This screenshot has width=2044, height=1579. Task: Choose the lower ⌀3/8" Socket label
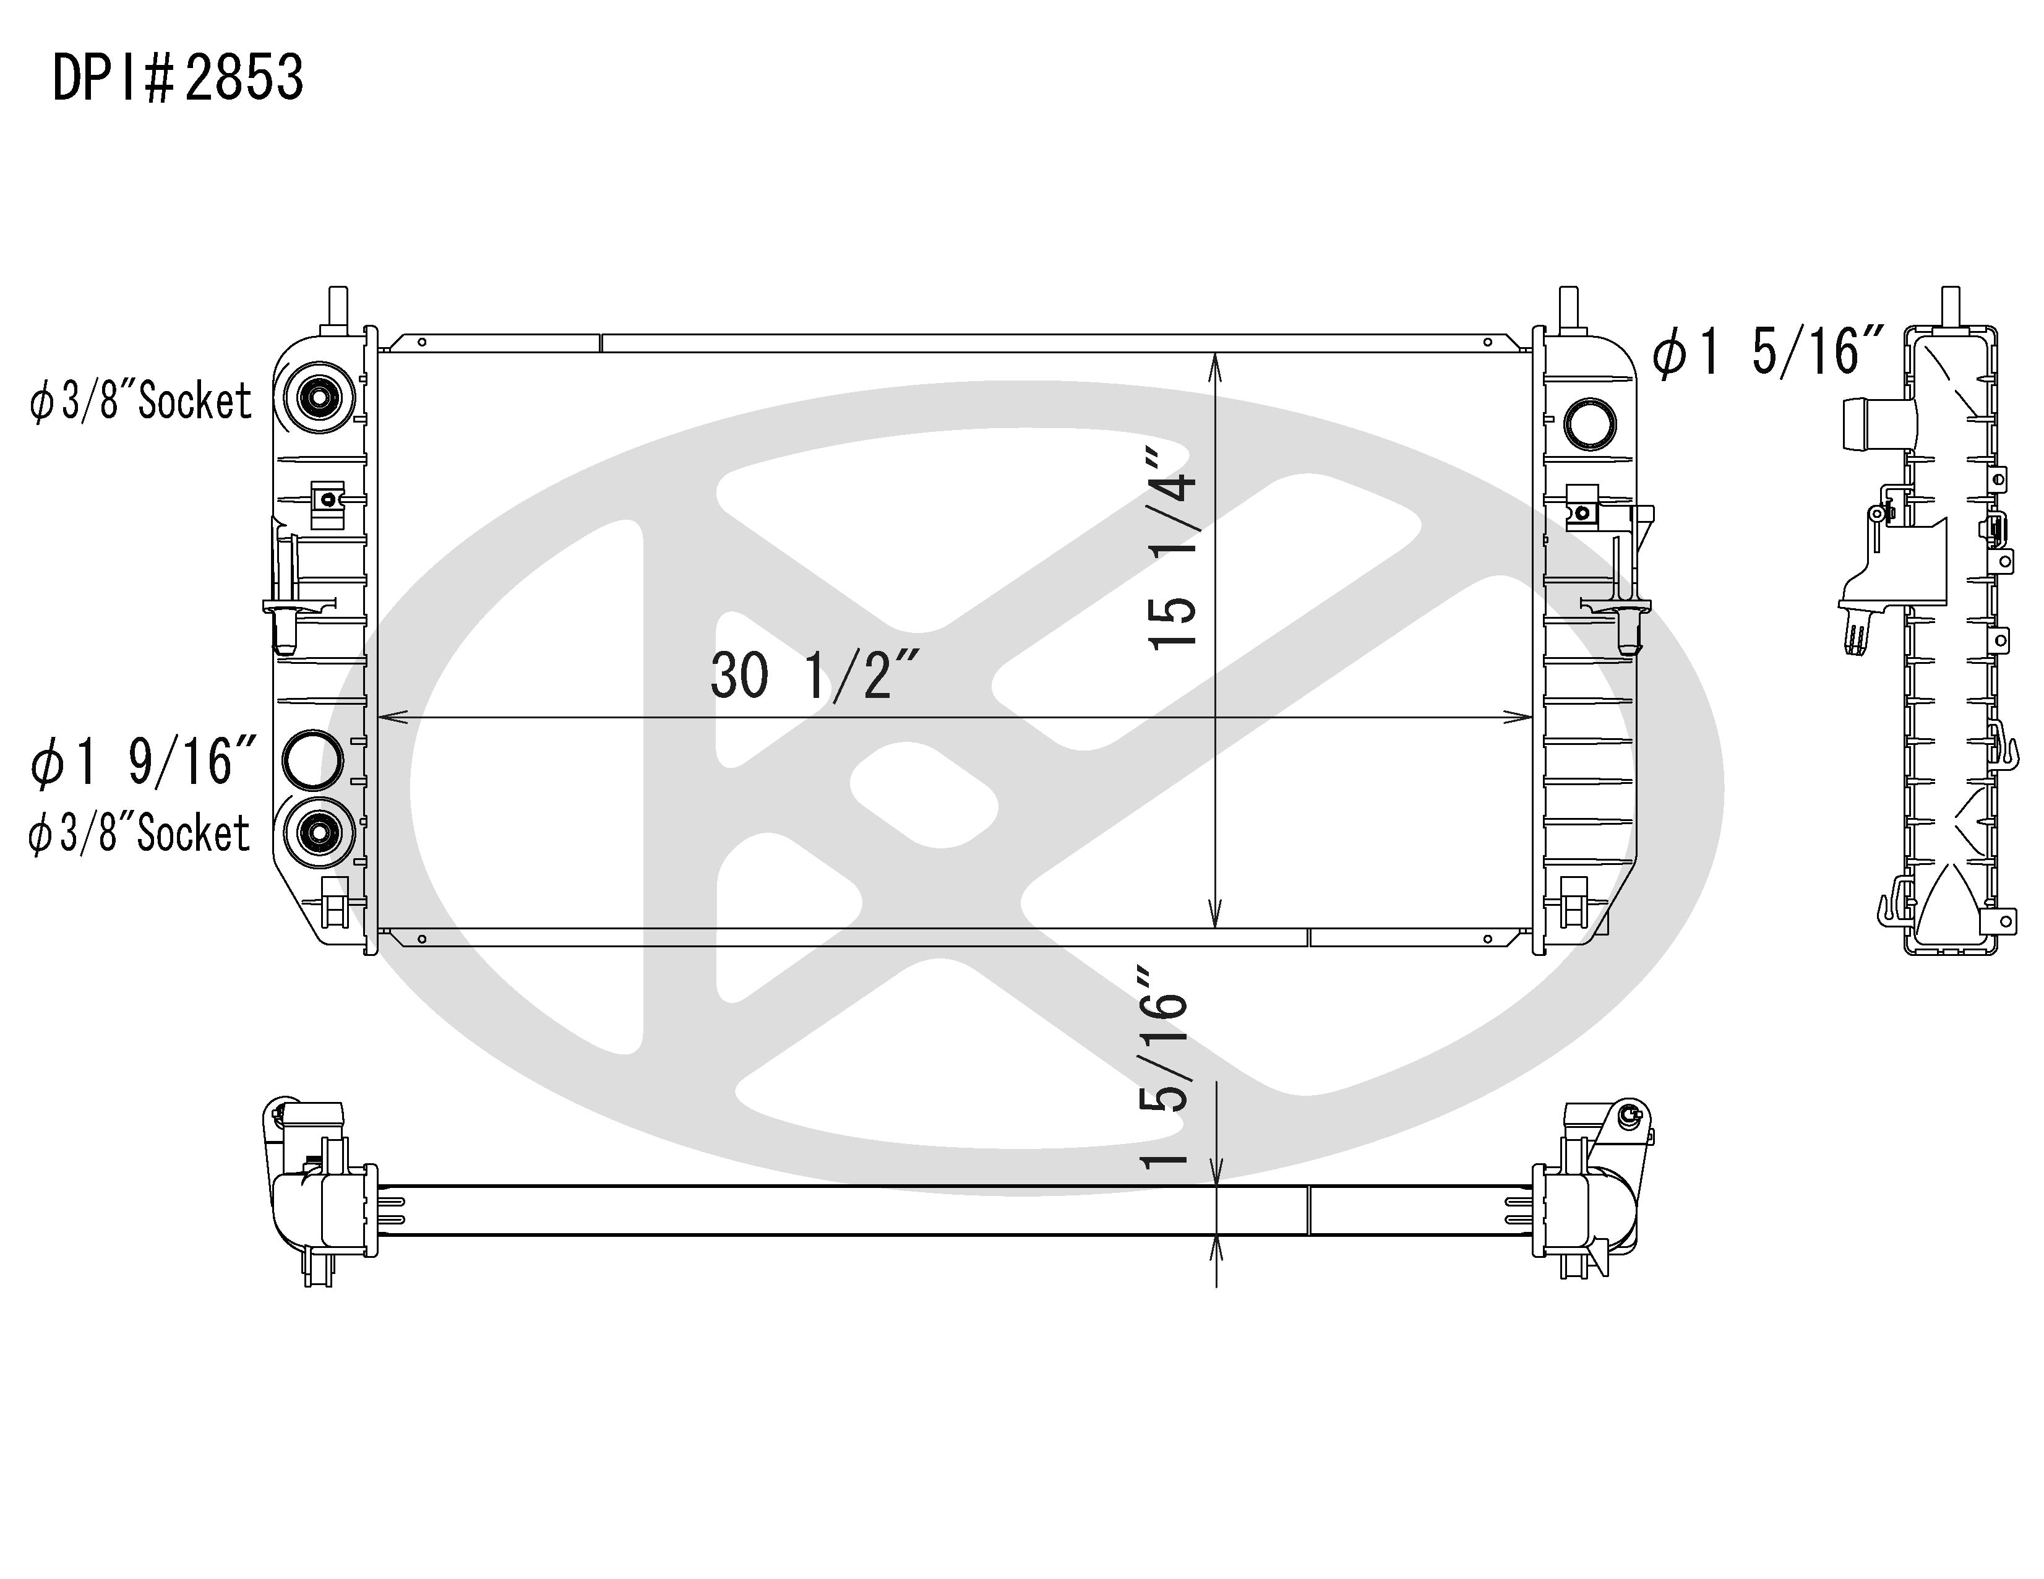click(x=139, y=833)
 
